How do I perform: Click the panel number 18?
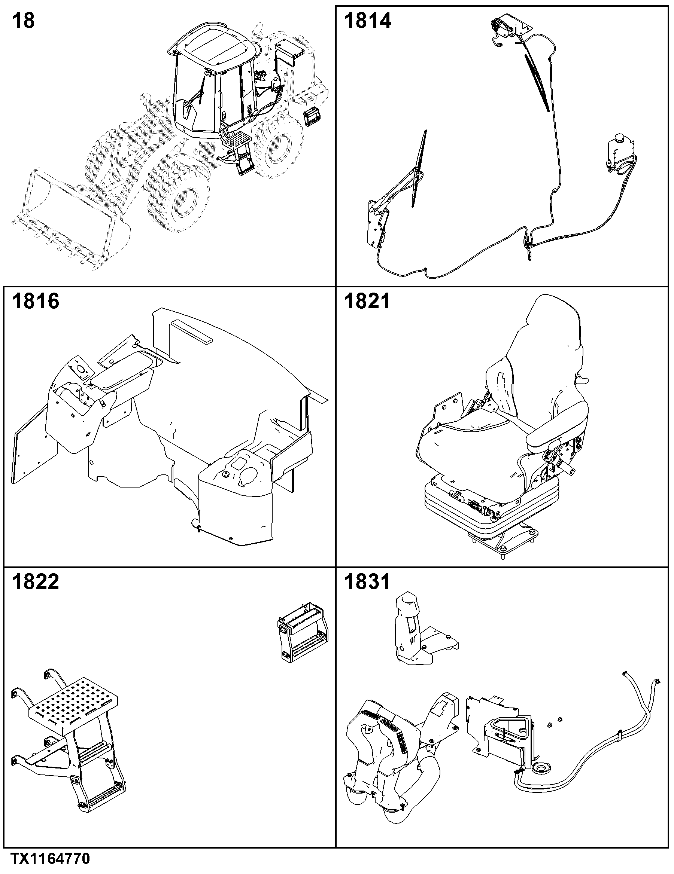point(23,21)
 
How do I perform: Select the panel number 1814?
point(367,21)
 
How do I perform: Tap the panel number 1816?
point(36,301)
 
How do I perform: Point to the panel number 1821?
point(367,301)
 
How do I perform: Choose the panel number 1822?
point(36,582)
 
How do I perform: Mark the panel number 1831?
point(367,582)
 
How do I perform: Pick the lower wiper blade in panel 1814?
point(419,168)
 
